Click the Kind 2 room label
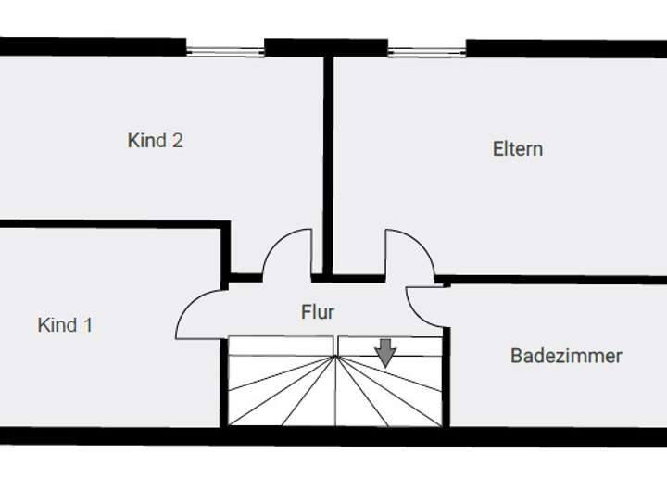(155, 141)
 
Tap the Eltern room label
(517, 148)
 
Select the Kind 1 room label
(64, 325)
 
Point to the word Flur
(318, 312)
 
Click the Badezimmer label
(566, 356)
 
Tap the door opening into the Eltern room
(408, 252)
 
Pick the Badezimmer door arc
(425, 307)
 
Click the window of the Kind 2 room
(225, 51)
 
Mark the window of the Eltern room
(426, 51)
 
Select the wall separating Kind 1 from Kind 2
(111, 223)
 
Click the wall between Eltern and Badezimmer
(556, 279)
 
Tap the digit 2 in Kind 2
(177, 141)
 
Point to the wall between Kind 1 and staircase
(223, 380)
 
